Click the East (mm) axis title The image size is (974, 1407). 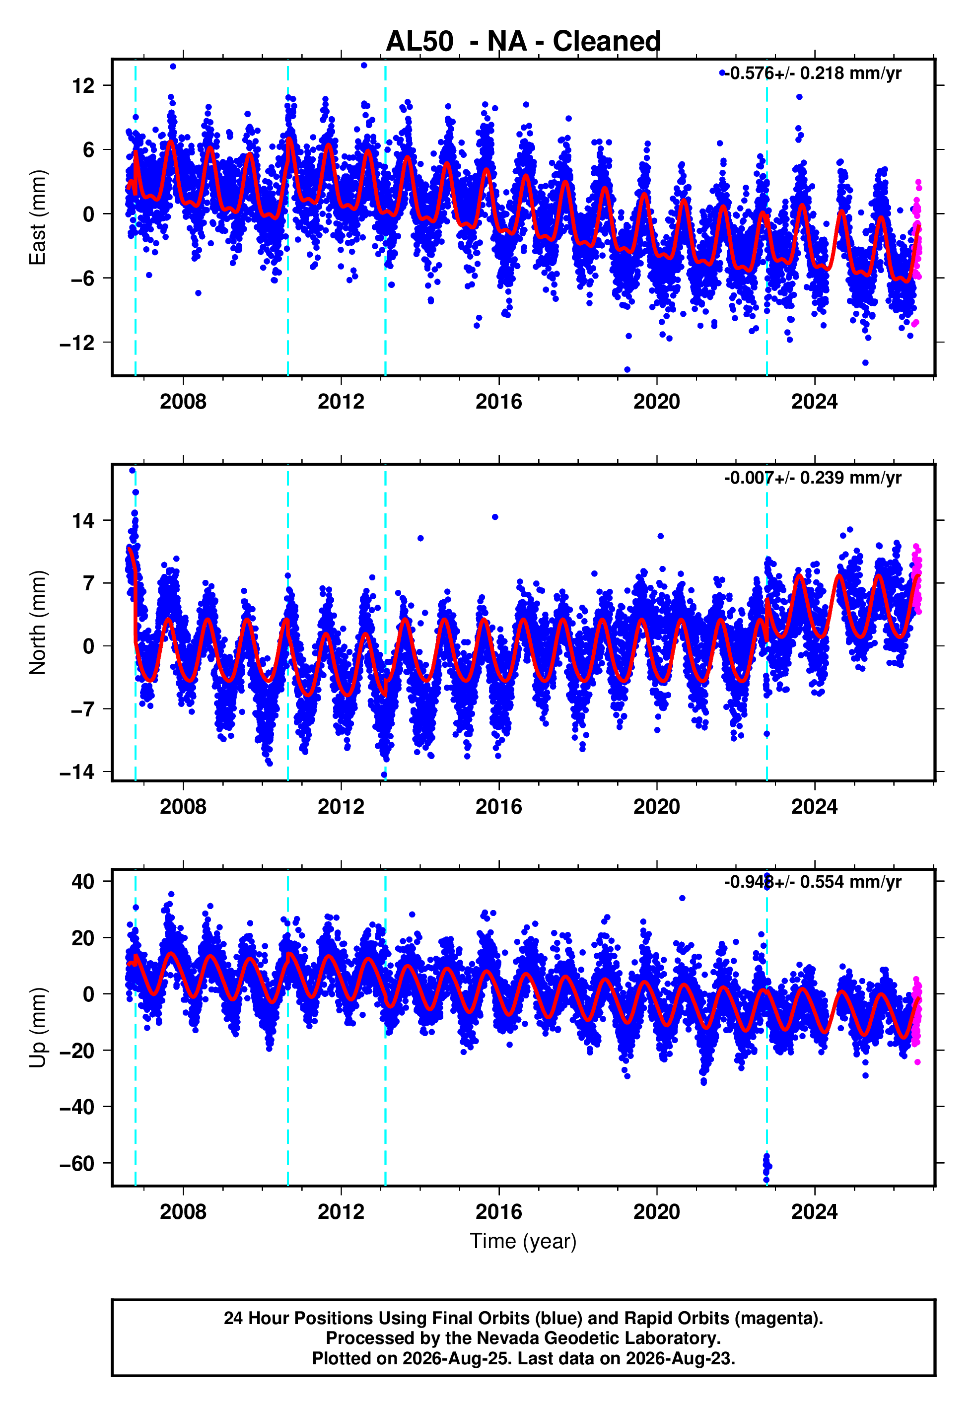click(38, 217)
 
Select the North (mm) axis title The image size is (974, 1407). click(38, 623)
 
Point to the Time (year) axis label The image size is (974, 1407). click(523, 1242)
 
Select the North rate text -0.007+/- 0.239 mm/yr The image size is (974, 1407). click(812, 478)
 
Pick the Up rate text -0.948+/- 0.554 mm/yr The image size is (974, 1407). click(812, 882)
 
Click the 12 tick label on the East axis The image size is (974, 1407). click(83, 85)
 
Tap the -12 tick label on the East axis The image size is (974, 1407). click(77, 343)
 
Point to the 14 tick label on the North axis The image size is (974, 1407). click(83, 520)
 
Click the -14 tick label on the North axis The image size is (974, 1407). click(77, 773)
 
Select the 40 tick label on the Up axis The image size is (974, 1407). click(83, 881)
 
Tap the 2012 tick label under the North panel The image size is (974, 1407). click(341, 807)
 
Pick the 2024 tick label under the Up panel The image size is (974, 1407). click(815, 1212)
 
